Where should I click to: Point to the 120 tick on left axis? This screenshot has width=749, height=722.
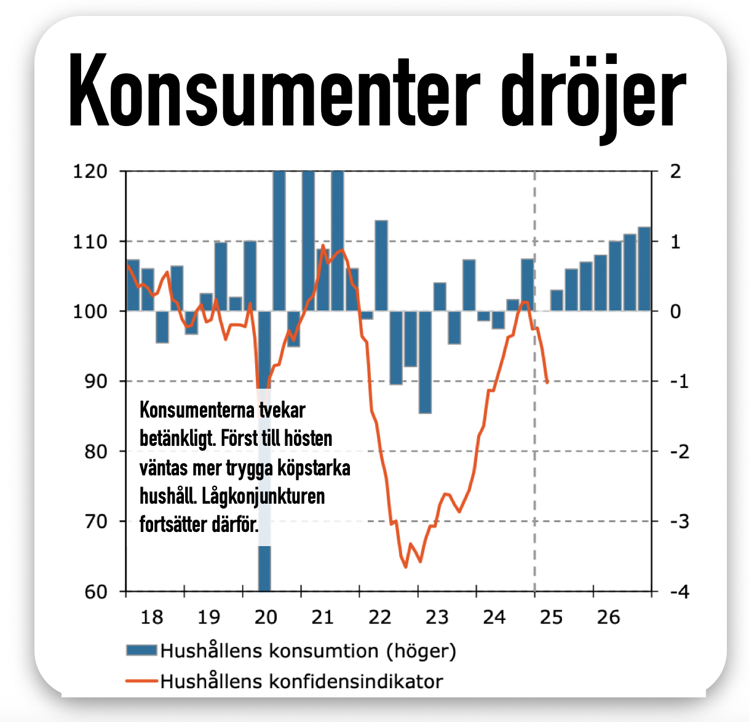[90, 172]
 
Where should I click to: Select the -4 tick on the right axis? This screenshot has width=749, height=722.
[675, 592]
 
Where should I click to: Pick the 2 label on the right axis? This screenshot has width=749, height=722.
[675, 172]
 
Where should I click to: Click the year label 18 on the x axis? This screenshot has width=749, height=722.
[152, 617]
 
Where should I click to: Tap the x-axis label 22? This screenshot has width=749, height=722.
[380, 617]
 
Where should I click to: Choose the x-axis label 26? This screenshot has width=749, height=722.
[608, 617]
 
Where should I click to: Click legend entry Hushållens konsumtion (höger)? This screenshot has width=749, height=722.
[307, 651]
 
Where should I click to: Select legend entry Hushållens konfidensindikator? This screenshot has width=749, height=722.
[301, 681]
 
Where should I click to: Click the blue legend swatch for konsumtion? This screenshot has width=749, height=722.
[141, 650]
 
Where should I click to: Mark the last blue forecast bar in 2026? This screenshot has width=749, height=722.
[644, 269]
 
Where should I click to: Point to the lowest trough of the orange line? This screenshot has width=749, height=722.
[406, 566]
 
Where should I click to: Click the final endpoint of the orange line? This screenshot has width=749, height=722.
[547, 383]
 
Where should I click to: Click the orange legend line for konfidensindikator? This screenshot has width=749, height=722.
[141, 681]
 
